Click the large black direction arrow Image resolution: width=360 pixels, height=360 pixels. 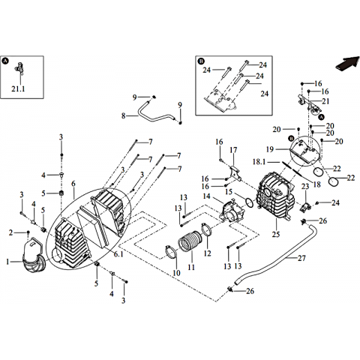347,64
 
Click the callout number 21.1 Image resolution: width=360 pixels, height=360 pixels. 18,88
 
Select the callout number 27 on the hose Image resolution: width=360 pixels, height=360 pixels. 301,258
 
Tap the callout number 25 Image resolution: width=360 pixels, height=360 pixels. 276,234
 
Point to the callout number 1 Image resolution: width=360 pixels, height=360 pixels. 7,262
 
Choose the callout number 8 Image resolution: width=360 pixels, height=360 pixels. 123,116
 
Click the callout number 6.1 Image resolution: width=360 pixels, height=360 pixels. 118,254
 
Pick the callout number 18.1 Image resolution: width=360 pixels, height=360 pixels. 259,162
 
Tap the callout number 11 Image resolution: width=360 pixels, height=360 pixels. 191,267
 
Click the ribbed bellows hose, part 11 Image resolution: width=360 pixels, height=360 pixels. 190,241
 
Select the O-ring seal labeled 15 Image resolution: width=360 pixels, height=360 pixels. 249,202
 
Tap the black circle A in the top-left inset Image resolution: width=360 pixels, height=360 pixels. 5,61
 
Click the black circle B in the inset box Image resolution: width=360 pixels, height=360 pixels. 201,61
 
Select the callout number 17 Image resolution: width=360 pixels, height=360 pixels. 233,150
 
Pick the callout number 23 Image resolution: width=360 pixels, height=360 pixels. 305,186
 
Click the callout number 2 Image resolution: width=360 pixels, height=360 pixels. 10,233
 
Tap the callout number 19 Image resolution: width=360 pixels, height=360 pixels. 270,149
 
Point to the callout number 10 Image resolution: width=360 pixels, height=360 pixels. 176,273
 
